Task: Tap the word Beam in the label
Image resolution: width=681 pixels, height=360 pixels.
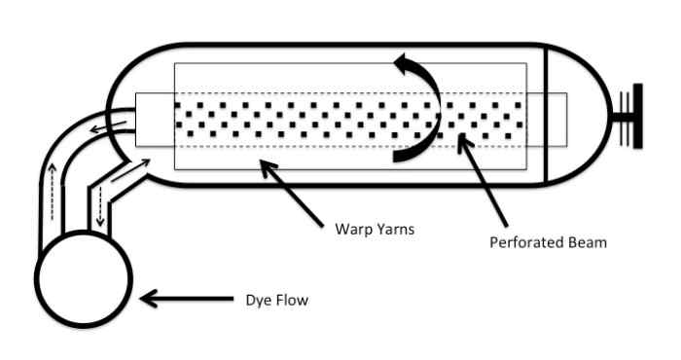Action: (x=586, y=242)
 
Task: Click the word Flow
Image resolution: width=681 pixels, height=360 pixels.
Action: (x=290, y=301)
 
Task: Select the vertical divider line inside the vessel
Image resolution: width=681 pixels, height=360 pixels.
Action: (x=546, y=115)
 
